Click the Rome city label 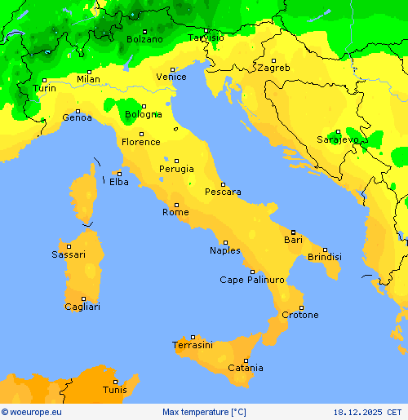pyautogui.click(x=175, y=212)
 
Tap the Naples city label pyautogui.click(x=225, y=250)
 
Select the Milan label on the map pyautogui.click(x=88, y=79)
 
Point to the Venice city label pyautogui.click(x=171, y=77)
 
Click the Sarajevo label pyautogui.click(x=337, y=139)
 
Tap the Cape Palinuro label pyautogui.click(x=252, y=280)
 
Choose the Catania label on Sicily pyautogui.click(x=246, y=369)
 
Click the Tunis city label pyautogui.click(x=114, y=390)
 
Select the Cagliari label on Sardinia pyautogui.click(x=82, y=307)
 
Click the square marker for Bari pyautogui.click(x=293, y=232)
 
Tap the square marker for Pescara pyautogui.click(x=223, y=184)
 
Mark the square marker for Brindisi pyautogui.click(x=325, y=250)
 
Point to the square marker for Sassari pyautogui.click(x=69, y=246)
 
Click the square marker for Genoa pyautogui.click(x=78, y=111)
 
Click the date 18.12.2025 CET pyautogui.click(x=367, y=412)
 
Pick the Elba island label pyautogui.click(x=118, y=182)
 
